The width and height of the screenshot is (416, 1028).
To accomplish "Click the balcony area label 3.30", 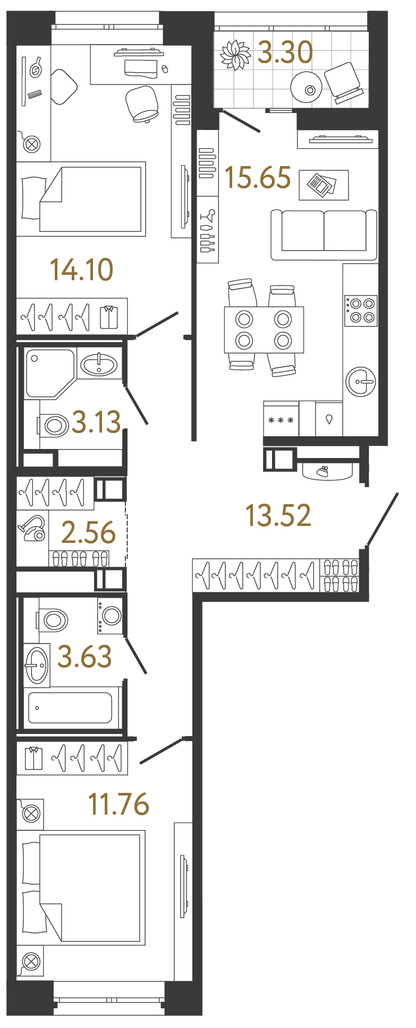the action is [x=285, y=53].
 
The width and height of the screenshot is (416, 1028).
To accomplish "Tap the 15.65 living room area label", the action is [x=258, y=177].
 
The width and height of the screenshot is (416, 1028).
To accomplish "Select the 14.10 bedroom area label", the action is [x=82, y=270].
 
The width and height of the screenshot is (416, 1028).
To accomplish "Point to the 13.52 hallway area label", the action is [x=278, y=515].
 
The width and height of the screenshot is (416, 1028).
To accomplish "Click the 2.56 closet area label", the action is [x=89, y=532].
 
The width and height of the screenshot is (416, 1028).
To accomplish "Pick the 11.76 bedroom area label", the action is [x=119, y=804].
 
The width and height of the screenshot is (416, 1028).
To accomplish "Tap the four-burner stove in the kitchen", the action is [x=361, y=310].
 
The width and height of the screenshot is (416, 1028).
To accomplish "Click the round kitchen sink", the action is [x=361, y=382].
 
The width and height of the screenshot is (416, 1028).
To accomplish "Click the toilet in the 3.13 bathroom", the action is [x=53, y=425].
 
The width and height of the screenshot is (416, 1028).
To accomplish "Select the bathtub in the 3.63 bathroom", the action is [x=70, y=707].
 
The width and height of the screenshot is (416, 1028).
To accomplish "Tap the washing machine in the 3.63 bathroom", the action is [x=111, y=616].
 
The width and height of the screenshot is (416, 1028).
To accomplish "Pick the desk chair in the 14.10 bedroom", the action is [x=142, y=103].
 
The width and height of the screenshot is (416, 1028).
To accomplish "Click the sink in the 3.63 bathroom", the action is [x=37, y=665].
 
